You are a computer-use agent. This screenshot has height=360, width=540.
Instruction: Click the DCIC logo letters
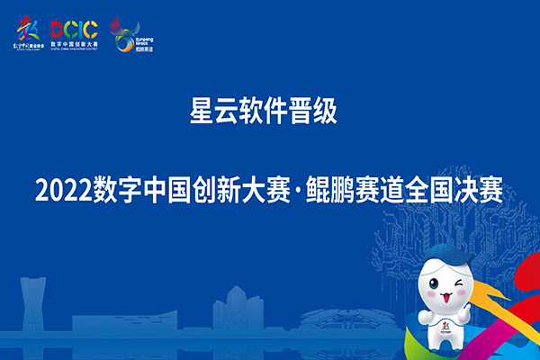point(76,29)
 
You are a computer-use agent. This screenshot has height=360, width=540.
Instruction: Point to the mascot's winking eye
point(461,287)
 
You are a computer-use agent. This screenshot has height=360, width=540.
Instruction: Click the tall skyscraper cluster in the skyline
point(237,310)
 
